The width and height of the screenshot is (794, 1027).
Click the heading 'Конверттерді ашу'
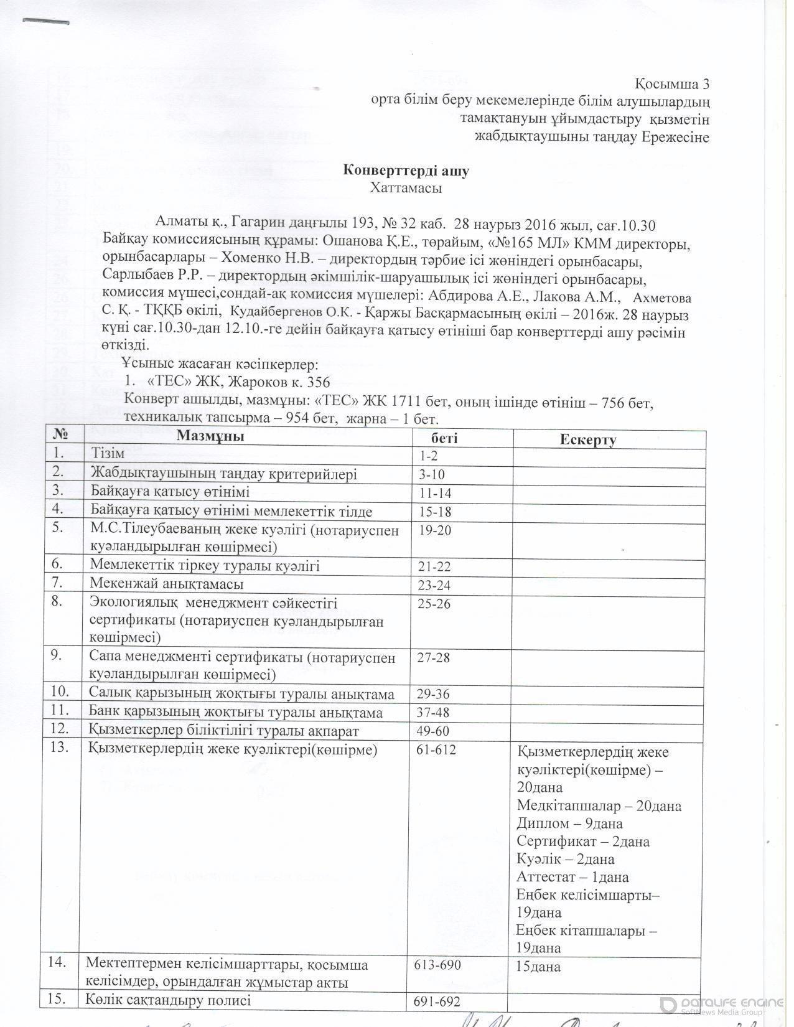click(406, 172)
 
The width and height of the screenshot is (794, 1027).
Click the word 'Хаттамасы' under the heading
click(406, 188)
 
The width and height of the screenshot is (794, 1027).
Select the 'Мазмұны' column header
click(210, 436)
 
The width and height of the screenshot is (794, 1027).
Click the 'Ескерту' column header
click(587, 440)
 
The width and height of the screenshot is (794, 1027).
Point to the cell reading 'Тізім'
click(108, 454)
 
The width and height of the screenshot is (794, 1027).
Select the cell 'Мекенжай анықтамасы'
click(166, 584)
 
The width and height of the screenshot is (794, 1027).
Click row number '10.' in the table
click(60, 692)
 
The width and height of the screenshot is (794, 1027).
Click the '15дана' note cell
click(539, 967)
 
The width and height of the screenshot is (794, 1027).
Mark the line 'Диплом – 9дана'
click(569, 823)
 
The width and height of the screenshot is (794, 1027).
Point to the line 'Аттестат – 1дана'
click(572, 877)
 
